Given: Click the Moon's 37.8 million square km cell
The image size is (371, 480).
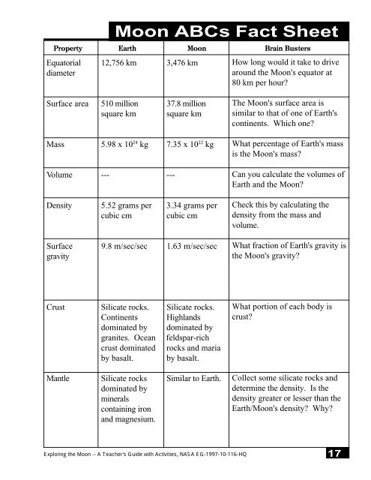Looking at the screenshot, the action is (190, 110).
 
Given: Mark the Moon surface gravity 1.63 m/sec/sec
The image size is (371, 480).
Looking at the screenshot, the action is (193, 245).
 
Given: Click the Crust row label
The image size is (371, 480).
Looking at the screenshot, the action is (57, 307).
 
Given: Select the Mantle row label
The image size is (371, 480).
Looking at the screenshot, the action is (60, 378).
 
